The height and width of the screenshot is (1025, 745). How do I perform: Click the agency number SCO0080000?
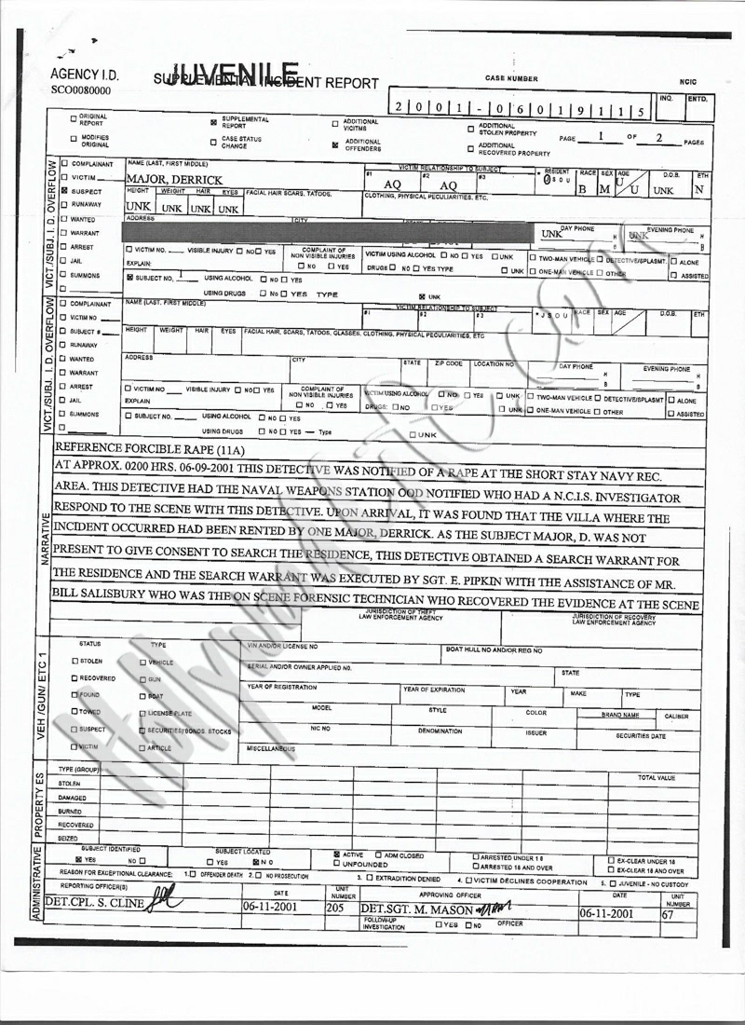[80, 91]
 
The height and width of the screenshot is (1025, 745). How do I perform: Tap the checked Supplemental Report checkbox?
[213, 122]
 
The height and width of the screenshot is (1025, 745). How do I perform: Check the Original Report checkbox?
[74, 119]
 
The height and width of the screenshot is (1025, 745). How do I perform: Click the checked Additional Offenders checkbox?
[334, 144]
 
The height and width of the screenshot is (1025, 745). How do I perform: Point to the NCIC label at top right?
[688, 82]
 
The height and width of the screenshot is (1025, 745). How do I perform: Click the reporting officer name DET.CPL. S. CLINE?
[94, 903]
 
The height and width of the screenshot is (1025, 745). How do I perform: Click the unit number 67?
[667, 914]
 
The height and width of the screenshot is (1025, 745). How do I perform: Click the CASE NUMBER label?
[511, 79]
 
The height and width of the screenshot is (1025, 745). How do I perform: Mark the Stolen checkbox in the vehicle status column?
[74, 661]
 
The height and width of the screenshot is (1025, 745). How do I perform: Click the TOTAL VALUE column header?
[657, 776]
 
